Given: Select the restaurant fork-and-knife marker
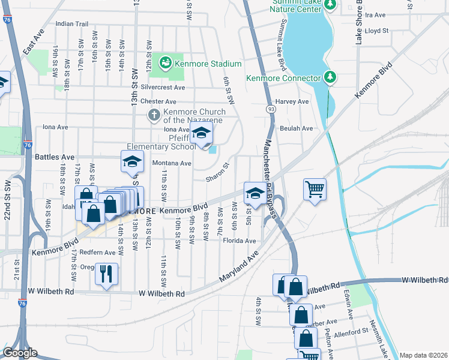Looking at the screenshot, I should [x=107, y=274].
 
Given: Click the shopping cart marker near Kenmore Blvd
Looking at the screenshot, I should [x=315, y=190].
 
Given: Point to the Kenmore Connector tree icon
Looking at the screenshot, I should [x=330, y=77].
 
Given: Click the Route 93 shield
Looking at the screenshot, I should [x=271, y=109].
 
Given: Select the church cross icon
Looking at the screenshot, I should [x=154, y=114].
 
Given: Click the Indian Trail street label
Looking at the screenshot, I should [x=71, y=24].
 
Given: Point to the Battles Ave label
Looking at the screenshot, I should [x=55, y=157].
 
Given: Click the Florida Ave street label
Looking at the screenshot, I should [x=240, y=241].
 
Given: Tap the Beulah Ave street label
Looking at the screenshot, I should [x=297, y=128].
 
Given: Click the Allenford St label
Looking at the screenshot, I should [x=351, y=331].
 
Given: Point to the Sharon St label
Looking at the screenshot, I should [x=218, y=173].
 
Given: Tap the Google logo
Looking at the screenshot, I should [x=20, y=353].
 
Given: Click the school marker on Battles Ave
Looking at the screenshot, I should [x=132, y=161].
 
